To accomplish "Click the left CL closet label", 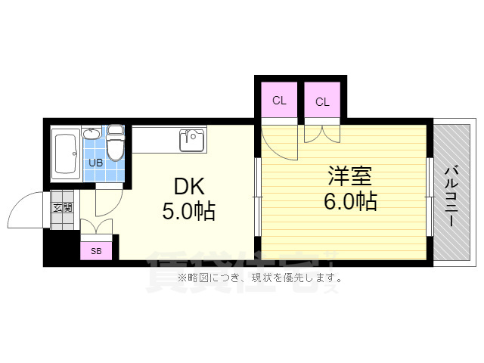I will (x=279, y=101).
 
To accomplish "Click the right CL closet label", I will (x=322, y=101).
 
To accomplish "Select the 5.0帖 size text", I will (x=188, y=211).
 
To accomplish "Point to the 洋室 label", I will (x=349, y=177).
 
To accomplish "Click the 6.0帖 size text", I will (x=352, y=201).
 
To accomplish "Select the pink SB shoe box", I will (x=96, y=250).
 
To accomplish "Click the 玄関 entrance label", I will (x=62, y=206).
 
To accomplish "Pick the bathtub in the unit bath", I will (x=66, y=154).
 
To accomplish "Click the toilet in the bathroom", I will (x=115, y=144).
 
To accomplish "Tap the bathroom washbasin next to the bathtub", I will (x=92, y=135).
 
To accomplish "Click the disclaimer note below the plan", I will (x=260, y=278).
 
